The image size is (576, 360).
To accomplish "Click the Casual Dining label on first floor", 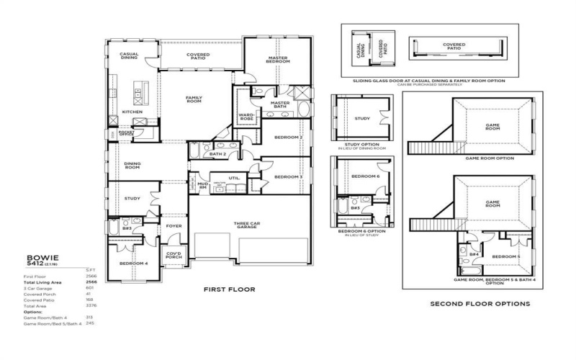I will tap(129, 55).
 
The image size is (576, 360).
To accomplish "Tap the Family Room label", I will tap(194, 99).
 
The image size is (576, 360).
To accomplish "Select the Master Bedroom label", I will tap(279, 60).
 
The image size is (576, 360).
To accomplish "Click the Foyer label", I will tap(174, 225).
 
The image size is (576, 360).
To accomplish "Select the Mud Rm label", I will tap(202, 186).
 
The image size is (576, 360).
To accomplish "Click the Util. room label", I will tap(234, 176).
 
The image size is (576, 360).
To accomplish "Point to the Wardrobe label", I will tap(246, 117).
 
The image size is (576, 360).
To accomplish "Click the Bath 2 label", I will tap(217, 154).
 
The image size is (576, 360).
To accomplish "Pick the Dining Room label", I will tap(132, 165).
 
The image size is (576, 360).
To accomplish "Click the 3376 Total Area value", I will tap(91, 305).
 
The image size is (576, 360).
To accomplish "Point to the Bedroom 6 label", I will tap(366, 176).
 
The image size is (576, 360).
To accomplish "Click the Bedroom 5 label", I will tap(506, 256).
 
